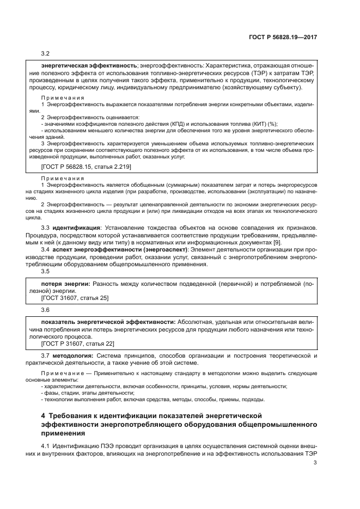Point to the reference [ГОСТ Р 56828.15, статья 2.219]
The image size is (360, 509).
coord(86,166)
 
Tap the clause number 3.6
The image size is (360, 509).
coord(46,309)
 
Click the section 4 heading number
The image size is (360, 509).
coord(44,415)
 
